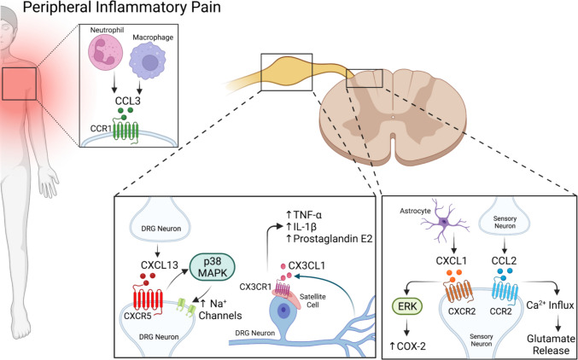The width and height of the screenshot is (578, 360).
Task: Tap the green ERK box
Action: tap(406, 306)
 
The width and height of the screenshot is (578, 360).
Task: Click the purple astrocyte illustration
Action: tap(444, 221)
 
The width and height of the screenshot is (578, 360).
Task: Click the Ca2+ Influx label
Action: tap(552, 306)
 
